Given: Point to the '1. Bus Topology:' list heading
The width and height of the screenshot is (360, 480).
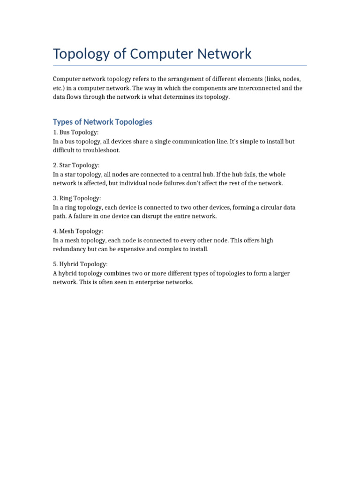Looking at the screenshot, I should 76,133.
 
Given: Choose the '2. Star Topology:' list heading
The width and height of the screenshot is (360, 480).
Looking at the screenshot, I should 76,165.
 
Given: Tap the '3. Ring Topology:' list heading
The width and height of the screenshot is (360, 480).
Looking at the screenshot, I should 77,198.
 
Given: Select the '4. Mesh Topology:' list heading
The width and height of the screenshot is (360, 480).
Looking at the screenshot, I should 78,231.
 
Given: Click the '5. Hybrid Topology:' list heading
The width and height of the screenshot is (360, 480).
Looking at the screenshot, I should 80,264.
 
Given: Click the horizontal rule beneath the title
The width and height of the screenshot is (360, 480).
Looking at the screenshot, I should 180,66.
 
